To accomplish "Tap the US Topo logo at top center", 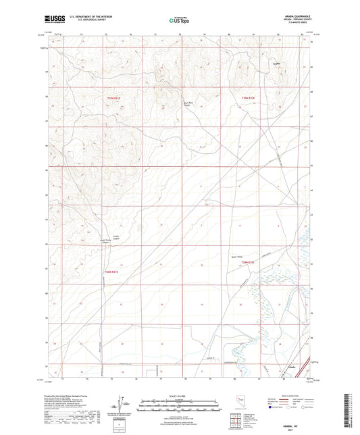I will click(x=178, y=20).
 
